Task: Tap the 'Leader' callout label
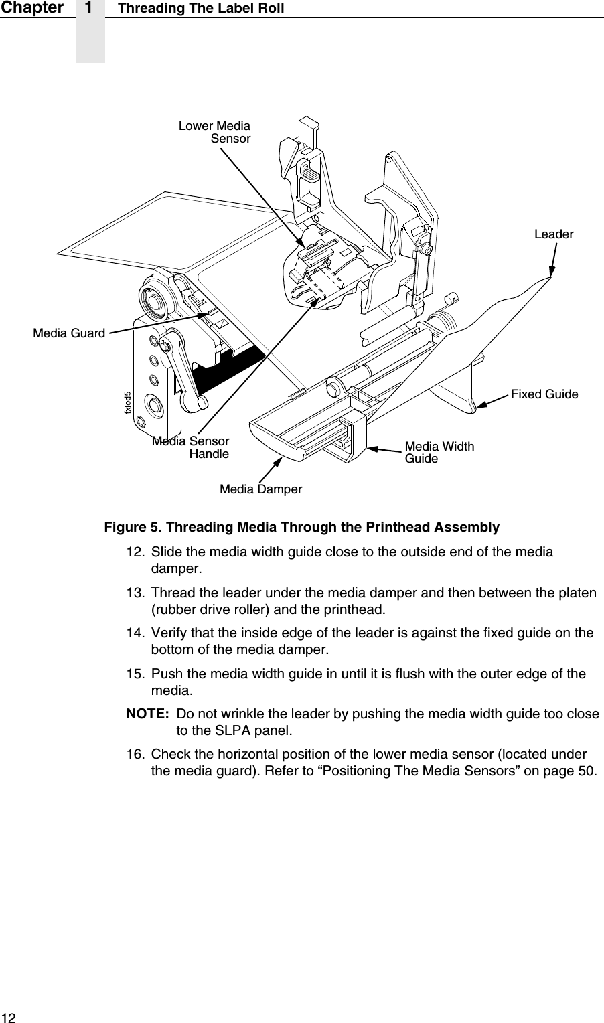(553, 234)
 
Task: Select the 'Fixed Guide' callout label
(544, 394)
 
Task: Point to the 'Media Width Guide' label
(439, 453)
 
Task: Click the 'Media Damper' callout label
(260, 489)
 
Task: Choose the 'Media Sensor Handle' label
(191, 447)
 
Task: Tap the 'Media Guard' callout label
(69, 333)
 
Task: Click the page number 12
(8, 1017)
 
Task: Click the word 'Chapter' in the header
(32, 8)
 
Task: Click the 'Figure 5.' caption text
(133, 527)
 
